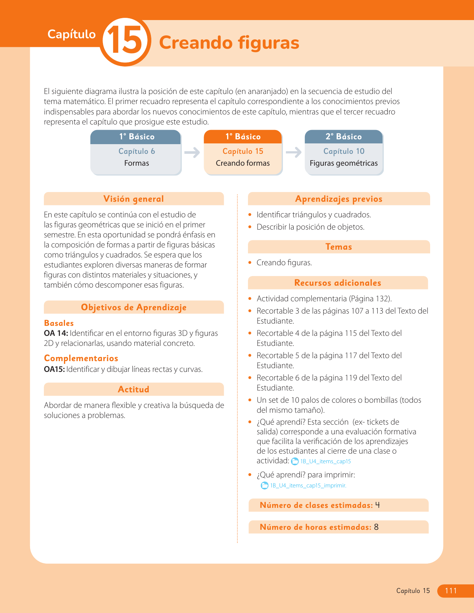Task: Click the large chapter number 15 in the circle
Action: [125, 42]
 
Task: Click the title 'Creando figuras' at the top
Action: [229, 42]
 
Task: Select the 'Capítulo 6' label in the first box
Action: [136, 151]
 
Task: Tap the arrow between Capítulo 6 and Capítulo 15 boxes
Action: [192, 152]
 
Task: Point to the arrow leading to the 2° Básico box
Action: [293, 152]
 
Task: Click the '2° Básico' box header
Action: [344, 137]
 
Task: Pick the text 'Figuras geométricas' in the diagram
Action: [344, 163]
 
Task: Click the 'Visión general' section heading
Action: [133, 199]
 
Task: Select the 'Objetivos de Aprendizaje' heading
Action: [133, 307]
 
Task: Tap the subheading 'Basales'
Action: [59, 323]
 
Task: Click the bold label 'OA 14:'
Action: [56, 333]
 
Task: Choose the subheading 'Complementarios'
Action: [81, 358]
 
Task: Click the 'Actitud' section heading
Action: [133, 389]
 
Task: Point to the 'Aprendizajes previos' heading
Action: [339, 199]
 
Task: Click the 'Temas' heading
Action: [339, 247]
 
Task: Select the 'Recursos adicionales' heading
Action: [338, 283]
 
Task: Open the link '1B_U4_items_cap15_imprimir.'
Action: [308, 486]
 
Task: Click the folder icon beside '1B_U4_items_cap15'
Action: [295, 461]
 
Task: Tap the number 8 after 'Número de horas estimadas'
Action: [376, 527]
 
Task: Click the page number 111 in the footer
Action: [451, 591]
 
